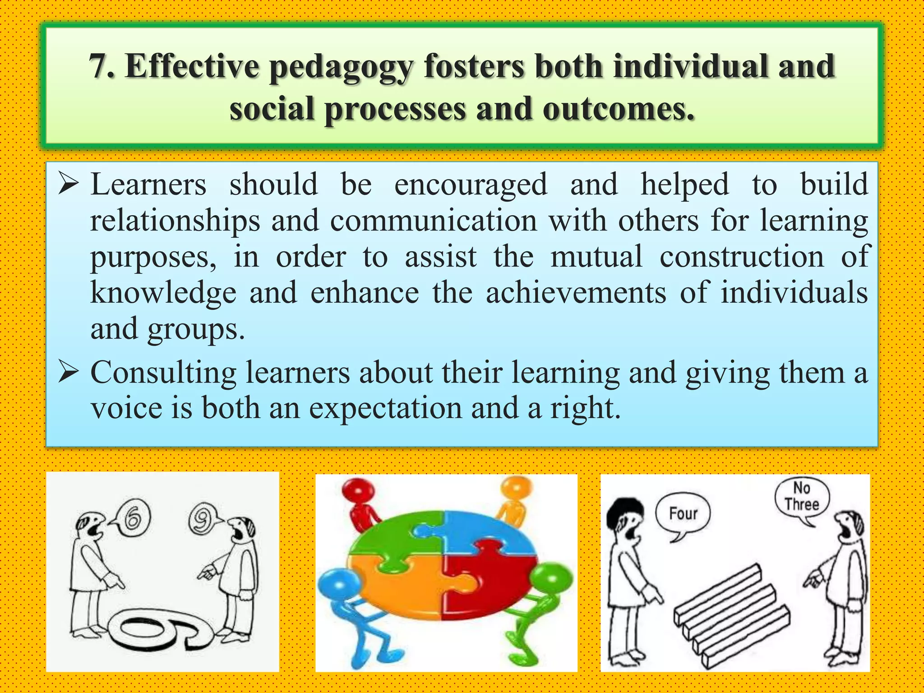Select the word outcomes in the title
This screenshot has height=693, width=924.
point(618,110)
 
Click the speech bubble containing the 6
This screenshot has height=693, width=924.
point(132,520)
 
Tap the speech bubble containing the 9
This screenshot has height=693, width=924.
point(202,519)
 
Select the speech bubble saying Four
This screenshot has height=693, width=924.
point(683,514)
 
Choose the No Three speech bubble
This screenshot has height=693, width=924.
point(802,497)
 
